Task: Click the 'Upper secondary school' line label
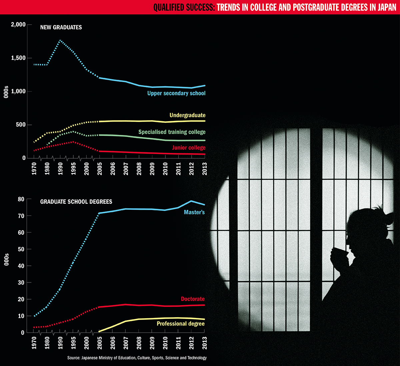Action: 176,93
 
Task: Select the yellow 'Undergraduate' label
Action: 187,115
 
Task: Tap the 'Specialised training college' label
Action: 172,132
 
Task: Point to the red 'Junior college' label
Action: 189,148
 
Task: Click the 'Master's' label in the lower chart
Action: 194,212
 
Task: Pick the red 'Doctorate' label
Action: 193,299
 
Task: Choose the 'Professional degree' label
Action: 181,324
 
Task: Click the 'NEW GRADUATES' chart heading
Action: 61,27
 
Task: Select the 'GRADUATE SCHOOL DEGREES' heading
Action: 76,202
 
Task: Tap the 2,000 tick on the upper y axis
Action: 18,25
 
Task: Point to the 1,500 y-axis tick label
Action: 18,58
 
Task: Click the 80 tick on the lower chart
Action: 21,199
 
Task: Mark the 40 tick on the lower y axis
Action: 21,266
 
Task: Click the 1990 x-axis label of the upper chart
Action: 60,169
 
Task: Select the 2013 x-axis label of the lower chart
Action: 204,343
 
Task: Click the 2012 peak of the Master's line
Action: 191,201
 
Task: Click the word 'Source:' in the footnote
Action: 74,358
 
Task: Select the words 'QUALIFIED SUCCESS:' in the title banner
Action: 184,7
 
